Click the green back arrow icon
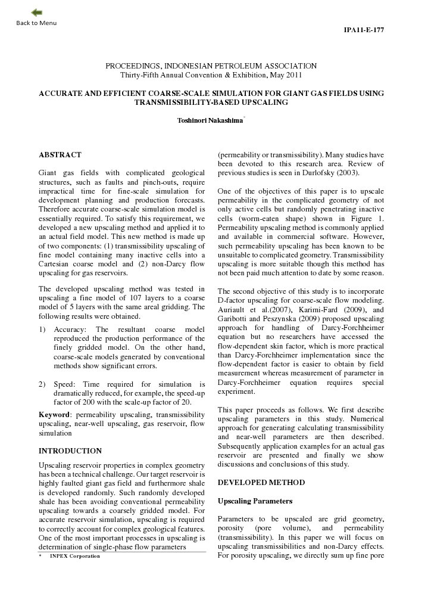37,13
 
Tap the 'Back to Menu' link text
37,23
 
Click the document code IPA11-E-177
364,30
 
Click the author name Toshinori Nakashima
210,121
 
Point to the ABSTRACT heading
60,155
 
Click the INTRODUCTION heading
70,451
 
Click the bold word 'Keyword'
54,414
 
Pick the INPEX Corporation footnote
74,557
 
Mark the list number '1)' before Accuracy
42,330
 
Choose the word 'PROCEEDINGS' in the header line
133,66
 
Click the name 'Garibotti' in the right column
235,319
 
